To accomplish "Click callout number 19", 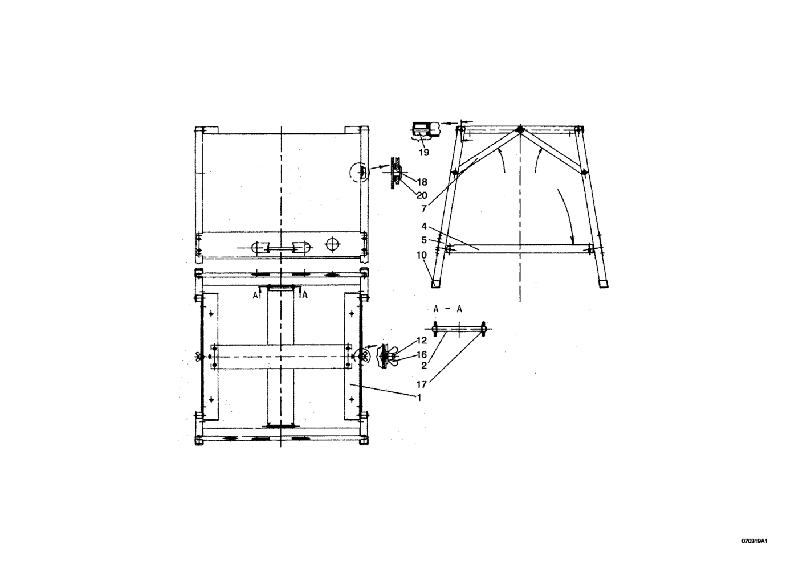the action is [424, 152].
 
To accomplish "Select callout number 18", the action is [422, 182].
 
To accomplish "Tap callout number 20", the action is [422, 195].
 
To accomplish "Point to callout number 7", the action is [424, 209].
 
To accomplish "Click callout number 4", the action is [424, 226].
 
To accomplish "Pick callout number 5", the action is [424, 240].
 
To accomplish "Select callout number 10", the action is [422, 255].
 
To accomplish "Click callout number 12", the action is [422, 341].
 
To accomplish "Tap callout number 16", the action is [422, 355].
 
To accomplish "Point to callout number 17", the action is [422, 384].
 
